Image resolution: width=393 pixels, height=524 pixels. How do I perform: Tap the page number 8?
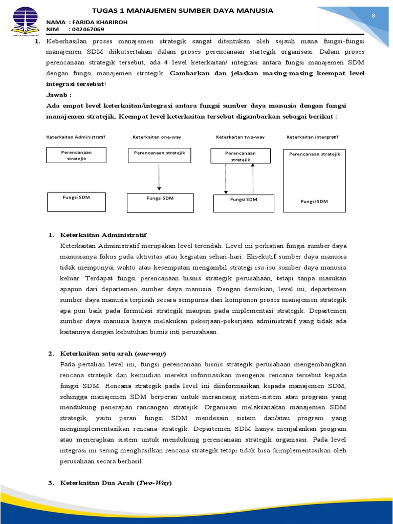coord(373,16)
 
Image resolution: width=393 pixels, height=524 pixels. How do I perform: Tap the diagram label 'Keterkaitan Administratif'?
coord(76,137)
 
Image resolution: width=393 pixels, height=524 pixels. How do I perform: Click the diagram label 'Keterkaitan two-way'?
coord(240,137)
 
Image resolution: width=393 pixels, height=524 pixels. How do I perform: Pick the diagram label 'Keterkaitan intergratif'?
coord(312,137)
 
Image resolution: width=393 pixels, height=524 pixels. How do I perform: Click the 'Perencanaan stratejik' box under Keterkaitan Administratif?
coord(77,156)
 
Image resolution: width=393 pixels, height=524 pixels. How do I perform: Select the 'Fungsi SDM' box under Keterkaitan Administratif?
coord(77,202)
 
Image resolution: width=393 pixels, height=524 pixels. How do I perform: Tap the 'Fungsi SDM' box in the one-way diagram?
coord(160,203)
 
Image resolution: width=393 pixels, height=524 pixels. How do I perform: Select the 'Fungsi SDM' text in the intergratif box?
coord(314,202)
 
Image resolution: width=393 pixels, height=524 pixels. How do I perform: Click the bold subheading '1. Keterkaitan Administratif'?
coord(103,235)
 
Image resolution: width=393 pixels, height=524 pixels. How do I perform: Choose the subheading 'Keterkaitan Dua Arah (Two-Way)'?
coord(116,483)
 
